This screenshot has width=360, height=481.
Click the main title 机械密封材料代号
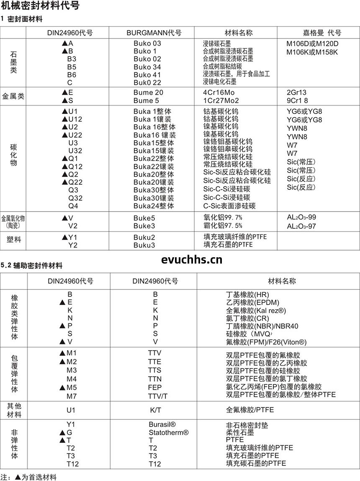40,6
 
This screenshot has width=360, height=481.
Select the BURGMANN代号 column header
154,33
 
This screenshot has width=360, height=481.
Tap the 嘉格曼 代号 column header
322,33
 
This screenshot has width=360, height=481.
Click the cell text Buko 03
147,44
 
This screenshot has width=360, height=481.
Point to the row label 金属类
13,96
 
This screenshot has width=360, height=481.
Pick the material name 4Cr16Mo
219,93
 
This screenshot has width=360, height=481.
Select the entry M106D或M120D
313,44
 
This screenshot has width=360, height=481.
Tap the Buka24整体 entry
154,206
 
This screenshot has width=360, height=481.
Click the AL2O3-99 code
301,217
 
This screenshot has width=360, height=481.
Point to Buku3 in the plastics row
144,245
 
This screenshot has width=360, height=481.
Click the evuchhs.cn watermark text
192,260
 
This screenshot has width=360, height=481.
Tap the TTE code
154,362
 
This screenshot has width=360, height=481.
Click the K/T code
155,410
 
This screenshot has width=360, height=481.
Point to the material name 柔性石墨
240,432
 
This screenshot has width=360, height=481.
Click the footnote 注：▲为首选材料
28,477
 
